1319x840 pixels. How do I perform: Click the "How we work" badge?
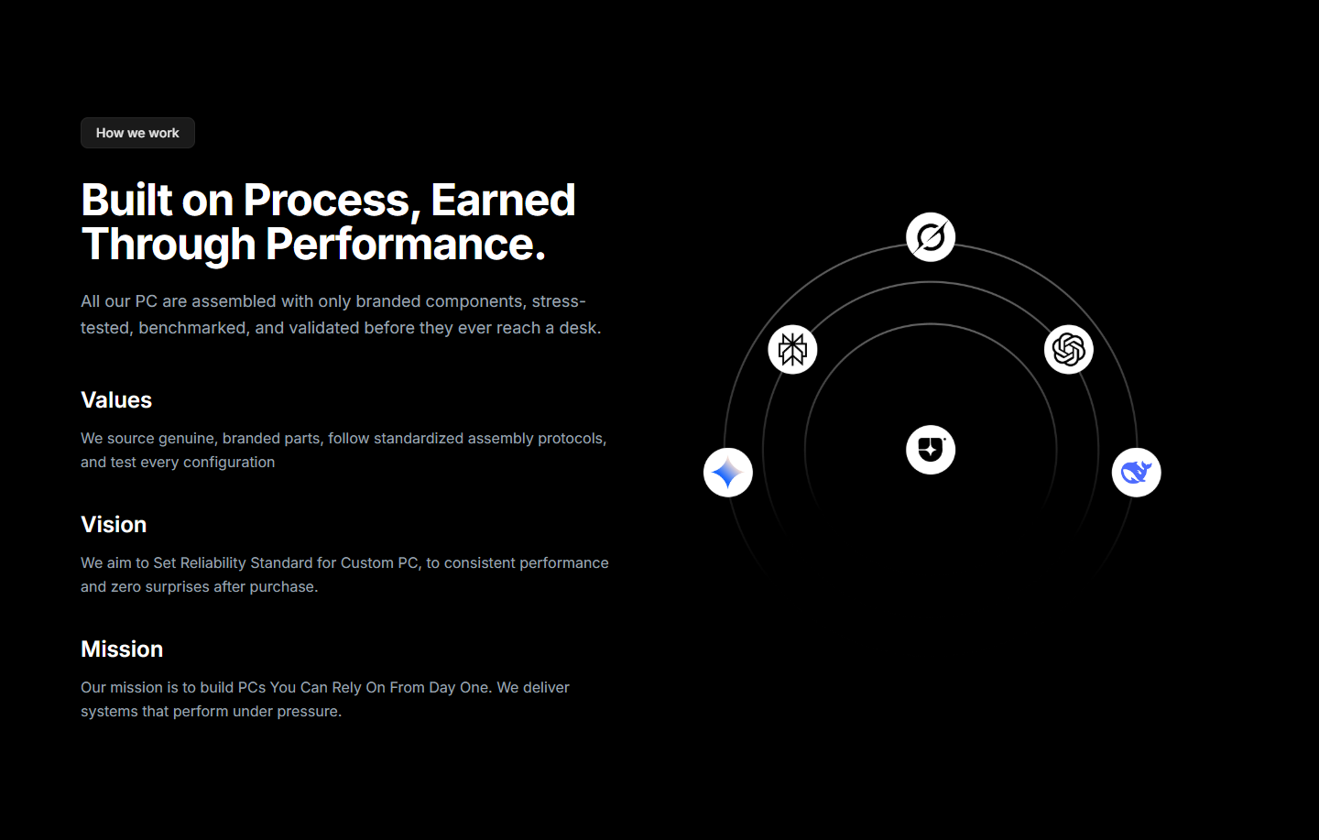137,133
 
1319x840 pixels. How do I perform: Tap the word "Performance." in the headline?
406,244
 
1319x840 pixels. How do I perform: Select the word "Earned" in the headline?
503,201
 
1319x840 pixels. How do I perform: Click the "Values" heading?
116,400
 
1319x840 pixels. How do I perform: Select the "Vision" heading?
114,524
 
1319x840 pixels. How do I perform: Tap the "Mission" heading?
122,649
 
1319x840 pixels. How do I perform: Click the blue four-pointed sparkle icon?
728,473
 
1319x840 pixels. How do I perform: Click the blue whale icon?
1137,473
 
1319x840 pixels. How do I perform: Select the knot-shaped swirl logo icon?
1069,349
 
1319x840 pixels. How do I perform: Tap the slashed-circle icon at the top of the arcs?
931,237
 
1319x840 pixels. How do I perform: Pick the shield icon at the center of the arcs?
931,450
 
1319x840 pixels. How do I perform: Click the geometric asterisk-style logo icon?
792,349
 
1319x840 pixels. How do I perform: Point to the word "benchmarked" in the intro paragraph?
192,328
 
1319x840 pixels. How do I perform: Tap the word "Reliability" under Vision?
213,562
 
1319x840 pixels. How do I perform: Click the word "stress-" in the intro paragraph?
559,301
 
